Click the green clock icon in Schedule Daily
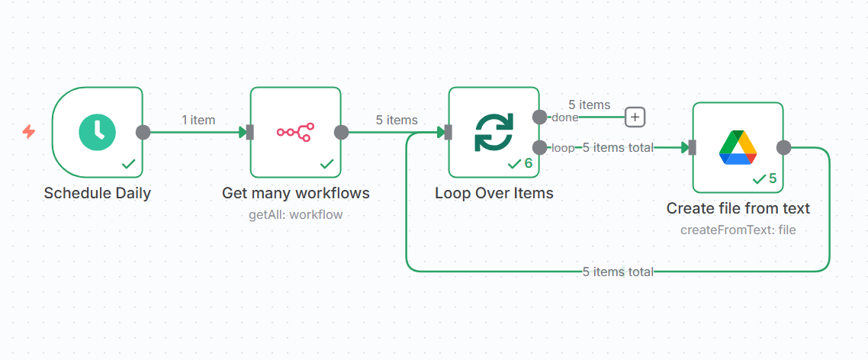click(97, 132)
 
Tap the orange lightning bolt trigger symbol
click(29, 132)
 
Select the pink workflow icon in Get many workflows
click(295, 132)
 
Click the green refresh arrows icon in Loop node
click(493, 132)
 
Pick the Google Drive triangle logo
click(738, 147)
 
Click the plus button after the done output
click(635, 117)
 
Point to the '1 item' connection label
click(198, 120)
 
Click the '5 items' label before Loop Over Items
click(396, 120)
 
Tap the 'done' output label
click(564, 117)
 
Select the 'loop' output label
click(563, 148)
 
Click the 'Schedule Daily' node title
click(97, 193)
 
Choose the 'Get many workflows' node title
click(295, 193)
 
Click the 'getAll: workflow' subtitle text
click(295, 214)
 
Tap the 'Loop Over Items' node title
click(493, 193)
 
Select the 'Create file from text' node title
click(738, 208)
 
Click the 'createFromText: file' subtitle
click(738, 230)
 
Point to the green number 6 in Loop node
click(528, 163)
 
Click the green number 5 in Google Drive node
click(772, 178)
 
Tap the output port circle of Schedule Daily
click(143, 132)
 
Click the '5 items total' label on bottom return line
click(618, 272)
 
